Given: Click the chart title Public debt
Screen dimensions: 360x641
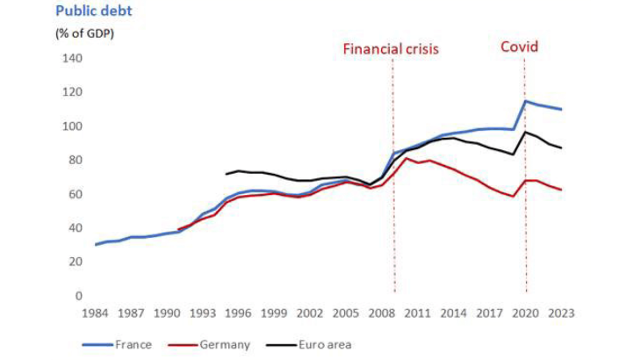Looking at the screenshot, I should pos(94,11).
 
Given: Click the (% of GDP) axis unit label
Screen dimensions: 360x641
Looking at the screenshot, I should pos(86,33).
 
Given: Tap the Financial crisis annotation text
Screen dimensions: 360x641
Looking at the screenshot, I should pos(391,49).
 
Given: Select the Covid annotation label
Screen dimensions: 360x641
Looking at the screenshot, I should pos(519,47).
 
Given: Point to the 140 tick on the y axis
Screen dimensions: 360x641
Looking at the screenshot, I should pos(72,59).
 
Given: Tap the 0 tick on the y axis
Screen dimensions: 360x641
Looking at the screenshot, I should pos(78,296).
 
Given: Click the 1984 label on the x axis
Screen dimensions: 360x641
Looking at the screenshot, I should pos(96,313).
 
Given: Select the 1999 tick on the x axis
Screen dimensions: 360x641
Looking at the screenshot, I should pos(275,313).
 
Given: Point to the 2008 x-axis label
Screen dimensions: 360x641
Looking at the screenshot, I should pos(382,313).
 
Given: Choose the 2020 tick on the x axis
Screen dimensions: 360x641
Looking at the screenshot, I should pos(526,313).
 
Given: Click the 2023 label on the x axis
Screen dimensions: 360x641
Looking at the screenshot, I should pos(561,313).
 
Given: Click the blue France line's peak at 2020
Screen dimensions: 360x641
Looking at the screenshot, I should pos(526,101).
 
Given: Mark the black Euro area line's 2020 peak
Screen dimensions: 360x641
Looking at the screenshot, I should pos(526,133).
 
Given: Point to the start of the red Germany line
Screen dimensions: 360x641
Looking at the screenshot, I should pos(179,229).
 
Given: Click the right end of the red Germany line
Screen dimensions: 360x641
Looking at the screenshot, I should pos(561,190).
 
